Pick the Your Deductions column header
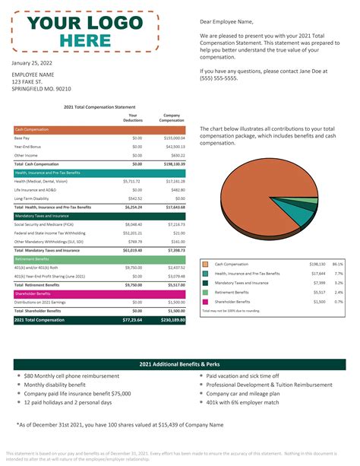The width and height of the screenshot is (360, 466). (x=133, y=118)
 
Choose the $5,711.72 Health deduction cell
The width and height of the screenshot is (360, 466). (x=132, y=182)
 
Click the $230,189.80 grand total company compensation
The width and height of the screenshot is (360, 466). (x=171, y=321)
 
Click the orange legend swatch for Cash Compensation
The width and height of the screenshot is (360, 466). (x=205, y=264)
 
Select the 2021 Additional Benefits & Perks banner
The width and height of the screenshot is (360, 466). (x=180, y=364)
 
